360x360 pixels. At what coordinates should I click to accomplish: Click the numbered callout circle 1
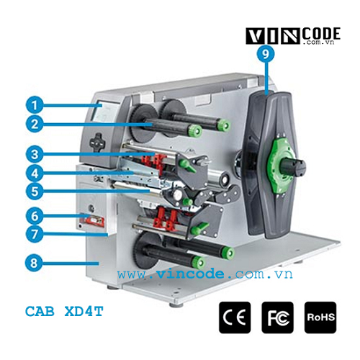tap(35, 105)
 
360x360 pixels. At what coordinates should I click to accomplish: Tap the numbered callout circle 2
tap(35, 124)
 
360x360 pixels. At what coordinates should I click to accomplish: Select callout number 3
tap(35, 154)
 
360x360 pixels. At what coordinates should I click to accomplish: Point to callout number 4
tap(35, 173)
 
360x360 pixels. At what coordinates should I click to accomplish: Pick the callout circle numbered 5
tap(35, 192)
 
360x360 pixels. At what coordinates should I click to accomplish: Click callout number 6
tap(35, 216)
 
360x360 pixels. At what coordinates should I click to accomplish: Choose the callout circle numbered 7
tap(35, 234)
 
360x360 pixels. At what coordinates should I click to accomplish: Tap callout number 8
tap(34, 263)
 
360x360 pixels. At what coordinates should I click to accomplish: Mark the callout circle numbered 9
tap(265, 54)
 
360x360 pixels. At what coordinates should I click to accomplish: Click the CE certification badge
tap(235, 318)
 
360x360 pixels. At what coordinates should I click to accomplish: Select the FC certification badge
tap(277, 318)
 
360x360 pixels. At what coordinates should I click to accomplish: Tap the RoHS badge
tap(320, 318)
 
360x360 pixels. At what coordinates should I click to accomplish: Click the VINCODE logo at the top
tap(293, 36)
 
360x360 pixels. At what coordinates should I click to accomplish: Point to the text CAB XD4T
tap(64, 311)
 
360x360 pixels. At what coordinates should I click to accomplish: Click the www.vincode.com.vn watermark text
tap(205, 274)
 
